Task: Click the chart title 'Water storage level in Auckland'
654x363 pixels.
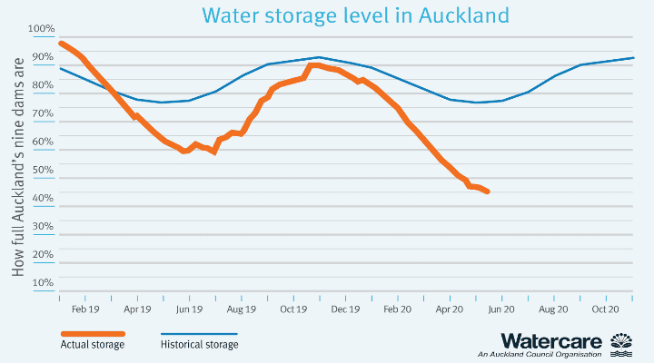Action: [x=355, y=15]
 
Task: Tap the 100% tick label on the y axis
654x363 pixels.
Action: [x=42, y=29]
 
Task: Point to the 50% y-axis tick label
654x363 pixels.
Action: [x=42, y=170]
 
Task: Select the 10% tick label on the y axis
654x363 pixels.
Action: [x=42, y=282]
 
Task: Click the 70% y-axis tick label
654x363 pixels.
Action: [x=42, y=113]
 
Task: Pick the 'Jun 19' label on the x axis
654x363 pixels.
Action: [x=189, y=309]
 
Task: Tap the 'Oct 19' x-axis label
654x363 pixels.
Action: [x=294, y=309]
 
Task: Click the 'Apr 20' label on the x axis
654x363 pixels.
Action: [x=451, y=309]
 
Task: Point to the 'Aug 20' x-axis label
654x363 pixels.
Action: [x=554, y=309]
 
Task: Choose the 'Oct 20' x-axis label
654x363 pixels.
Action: [x=606, y=309]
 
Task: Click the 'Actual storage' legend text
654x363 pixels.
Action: [x=93, y=345]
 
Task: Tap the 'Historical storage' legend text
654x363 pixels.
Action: [x=200, y=345]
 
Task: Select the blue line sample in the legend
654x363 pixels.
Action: [x=199, y=333]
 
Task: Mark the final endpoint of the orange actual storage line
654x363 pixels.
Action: [x=488, y=191]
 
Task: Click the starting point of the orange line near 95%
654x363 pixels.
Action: [x=60, y=43]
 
